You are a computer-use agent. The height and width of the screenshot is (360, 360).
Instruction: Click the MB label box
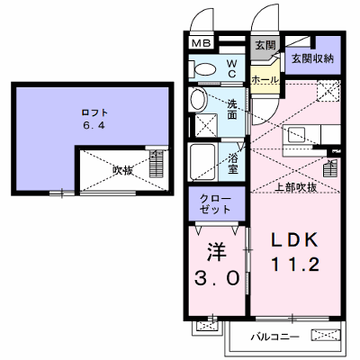(x=202, y=43)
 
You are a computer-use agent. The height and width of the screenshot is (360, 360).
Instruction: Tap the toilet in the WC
(x=202, y=69)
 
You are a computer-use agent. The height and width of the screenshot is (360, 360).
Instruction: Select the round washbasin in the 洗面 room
(x=198, y=99)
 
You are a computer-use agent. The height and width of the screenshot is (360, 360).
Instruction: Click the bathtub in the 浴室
(x=202, y=162)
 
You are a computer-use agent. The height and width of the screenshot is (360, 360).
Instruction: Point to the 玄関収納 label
(x=312, y=58)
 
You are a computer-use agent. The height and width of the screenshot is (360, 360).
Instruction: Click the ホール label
(x=265, y=80)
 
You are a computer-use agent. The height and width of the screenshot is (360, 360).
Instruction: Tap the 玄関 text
(x=265, y=46)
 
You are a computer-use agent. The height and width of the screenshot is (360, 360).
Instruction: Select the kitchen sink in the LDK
(x=296, y=135)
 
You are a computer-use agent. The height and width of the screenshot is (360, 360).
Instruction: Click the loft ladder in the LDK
(x=330, y=168)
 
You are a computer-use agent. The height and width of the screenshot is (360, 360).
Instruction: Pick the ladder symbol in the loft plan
(x=157, y=163)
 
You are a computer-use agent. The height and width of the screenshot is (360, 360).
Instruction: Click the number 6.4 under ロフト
(x=94, y=125)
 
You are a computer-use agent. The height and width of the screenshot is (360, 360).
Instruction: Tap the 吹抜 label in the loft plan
(x=123, y=170)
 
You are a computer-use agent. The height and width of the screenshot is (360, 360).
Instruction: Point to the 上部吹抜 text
(x=296, y=187)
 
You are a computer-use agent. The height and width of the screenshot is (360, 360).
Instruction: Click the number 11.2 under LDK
(x=295, y=265)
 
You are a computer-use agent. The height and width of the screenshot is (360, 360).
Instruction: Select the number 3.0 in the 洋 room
(x=217, y=278)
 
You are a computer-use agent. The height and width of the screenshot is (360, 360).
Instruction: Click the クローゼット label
(x=216, y=203)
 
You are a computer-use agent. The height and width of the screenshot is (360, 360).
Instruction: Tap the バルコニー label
(x=274, y=337)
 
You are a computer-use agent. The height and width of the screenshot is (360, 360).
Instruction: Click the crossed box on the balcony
(x=326, y=335)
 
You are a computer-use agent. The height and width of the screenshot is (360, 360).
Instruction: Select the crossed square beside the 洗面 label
(x=206, y=125)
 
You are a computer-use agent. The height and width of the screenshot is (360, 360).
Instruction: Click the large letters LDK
(x=294, y=240)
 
